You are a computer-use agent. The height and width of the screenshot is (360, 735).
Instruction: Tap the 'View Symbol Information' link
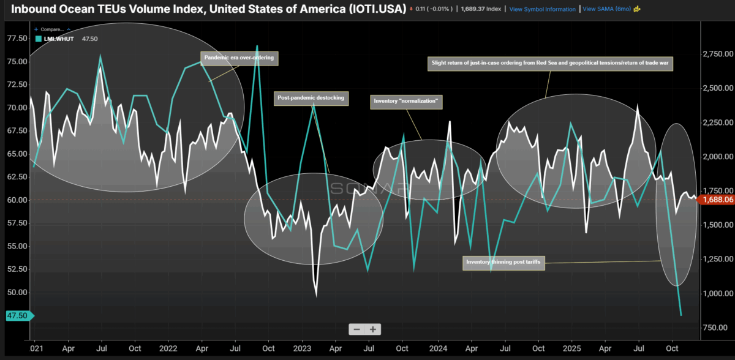coord(542,9)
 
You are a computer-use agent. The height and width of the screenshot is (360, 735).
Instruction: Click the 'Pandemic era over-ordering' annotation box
coord(239,59)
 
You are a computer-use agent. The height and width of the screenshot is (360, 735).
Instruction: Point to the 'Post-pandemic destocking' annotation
coord(311,97)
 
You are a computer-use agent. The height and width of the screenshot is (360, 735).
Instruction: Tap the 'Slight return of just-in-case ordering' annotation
coord(549,63)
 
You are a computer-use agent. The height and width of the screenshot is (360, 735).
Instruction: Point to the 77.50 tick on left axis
coord(17,38)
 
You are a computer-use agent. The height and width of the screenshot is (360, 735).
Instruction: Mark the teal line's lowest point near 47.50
coord(681,315)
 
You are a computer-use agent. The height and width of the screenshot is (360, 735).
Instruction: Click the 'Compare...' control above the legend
coord(51,29)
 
